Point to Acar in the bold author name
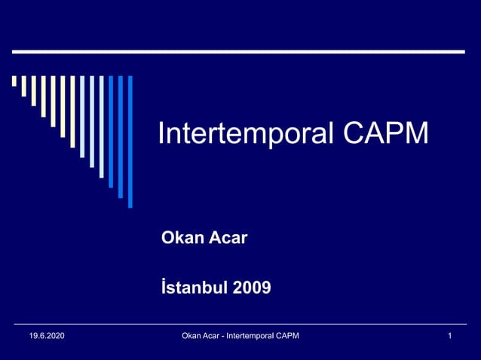228,239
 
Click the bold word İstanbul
194,287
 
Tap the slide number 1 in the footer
449,335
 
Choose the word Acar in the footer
215,335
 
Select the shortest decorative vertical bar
14,81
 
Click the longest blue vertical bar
130,141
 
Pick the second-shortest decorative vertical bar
24,86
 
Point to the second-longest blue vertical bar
120,136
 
